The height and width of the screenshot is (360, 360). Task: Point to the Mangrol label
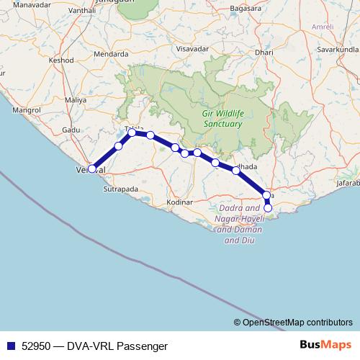(x=26, y=110)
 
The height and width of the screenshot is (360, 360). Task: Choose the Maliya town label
(x=75, y=99)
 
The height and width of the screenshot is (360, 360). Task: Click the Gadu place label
(x=71, y=129)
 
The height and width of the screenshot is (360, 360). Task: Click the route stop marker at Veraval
(x=92, y=169)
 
